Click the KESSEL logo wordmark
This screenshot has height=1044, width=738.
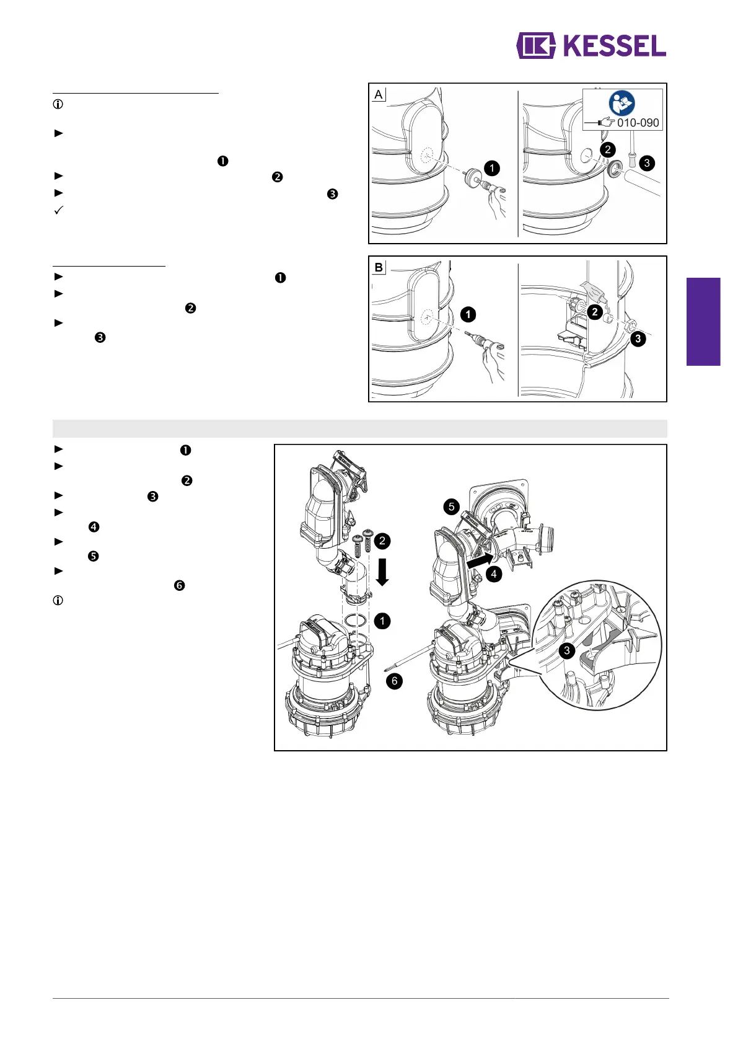tap(615, 46)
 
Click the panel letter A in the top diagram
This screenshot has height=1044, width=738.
tap(379, 95)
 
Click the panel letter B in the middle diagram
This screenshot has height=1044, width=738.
tap(379, 268)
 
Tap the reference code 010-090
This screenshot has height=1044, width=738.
tap(638, 123)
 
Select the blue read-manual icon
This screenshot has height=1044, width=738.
tap(622, 103)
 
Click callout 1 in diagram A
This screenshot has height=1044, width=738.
tap(492, 168)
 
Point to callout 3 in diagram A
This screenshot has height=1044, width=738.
tap(647, 163)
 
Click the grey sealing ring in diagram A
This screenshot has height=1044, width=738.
tap(615, 168)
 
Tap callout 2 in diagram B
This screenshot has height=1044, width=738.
tap(594, 312)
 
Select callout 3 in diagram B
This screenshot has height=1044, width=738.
tap(638, 339)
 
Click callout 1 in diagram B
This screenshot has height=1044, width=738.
tap(468, 314)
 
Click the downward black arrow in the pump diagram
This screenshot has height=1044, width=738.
tap(382, 572)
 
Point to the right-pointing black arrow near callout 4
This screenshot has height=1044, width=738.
tap(480, 560)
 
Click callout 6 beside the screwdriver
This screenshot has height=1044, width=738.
tap(394, 681)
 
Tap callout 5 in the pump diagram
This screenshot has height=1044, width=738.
tap(452, 507)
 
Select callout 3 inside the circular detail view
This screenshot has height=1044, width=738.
tap(566, 650)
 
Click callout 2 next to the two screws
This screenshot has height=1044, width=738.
tap(382, 541)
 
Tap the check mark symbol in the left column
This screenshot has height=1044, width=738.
tap(59, 210)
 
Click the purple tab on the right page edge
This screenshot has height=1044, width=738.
tap(703, 322)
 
